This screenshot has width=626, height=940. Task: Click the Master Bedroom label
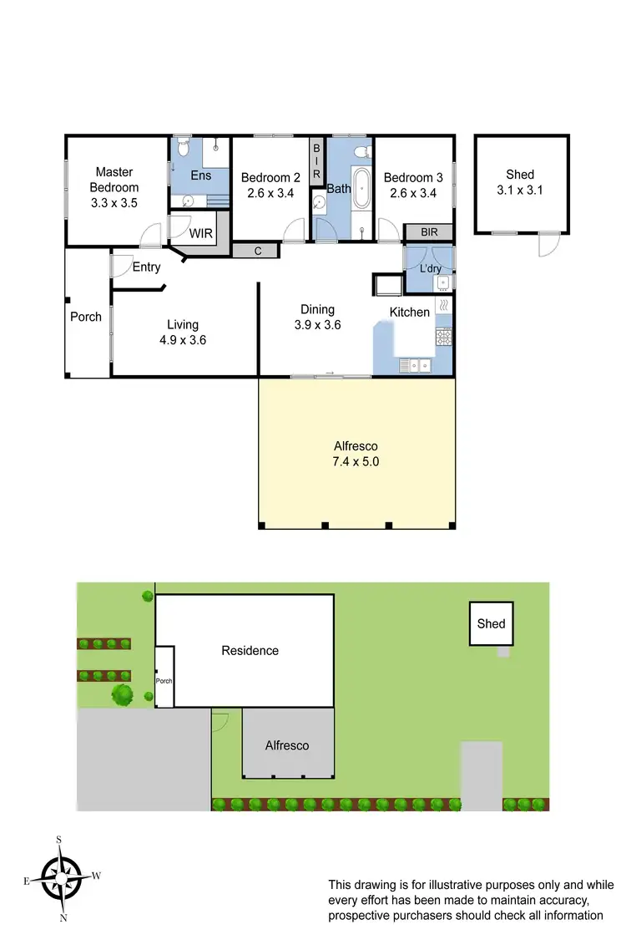pos(114,180)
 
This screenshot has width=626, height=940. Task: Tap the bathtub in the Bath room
pos(361,191)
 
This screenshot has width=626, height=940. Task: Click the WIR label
pos(201,233)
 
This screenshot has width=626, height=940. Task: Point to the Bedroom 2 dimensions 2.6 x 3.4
pos(270,193)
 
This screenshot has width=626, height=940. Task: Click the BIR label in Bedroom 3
pos(429,232)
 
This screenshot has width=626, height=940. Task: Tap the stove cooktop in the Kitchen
pos(443,337)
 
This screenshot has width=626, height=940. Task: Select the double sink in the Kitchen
pos(415,364)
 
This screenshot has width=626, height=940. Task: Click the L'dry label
pos(430,268)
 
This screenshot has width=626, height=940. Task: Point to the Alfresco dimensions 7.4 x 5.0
pos(357,461)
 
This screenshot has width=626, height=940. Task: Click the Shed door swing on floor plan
pos(547,244)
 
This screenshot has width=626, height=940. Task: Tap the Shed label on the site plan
pos(491,623)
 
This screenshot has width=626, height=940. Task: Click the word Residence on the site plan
pos(250,650)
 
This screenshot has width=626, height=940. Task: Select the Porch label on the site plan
pos(164,680)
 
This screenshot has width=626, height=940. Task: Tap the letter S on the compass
pos(59,839)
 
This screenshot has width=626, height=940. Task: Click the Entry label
pos(147,267)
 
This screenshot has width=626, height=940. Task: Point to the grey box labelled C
pos(258,250)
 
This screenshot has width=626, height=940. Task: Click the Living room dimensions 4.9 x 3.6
pos(182,340)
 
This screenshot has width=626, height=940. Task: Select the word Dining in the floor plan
pos(317,309)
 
